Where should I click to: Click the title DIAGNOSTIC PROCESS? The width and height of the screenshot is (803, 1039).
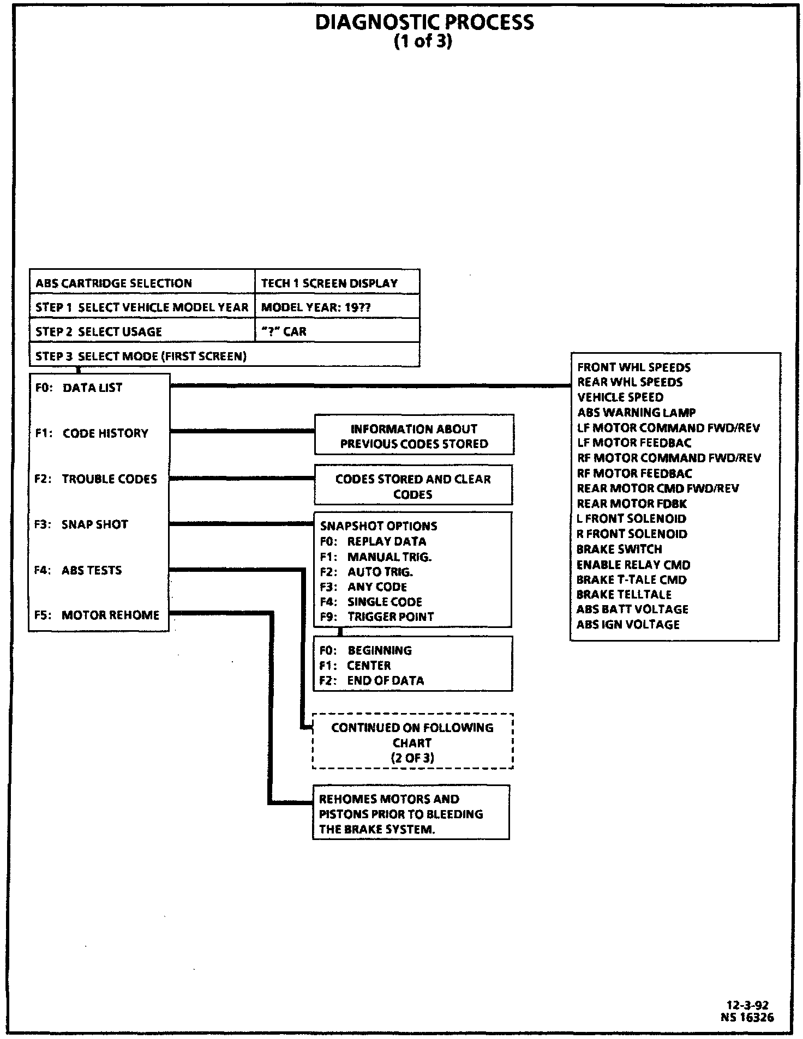(424, 22)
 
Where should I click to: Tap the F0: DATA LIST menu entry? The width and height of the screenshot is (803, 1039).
(79, 388)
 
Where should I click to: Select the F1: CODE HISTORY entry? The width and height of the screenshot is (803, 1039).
(92, 433)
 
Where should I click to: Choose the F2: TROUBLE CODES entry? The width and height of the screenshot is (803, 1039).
(95, 479)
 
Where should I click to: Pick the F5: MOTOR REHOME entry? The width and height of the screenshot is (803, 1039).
(97, 615)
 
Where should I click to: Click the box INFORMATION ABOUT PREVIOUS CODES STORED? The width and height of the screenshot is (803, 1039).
(414, 436)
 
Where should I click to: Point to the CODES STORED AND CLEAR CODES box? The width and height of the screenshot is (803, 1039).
(413, 486)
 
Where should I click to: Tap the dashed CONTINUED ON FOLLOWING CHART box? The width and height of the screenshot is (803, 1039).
(412, 742)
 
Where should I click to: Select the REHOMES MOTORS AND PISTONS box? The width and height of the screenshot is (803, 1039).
(411, 814)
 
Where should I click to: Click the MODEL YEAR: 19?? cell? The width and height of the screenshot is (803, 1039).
(316, 307)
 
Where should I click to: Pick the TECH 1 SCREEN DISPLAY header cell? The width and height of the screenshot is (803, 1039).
(329, 283)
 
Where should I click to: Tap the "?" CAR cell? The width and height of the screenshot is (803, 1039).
(284, 331)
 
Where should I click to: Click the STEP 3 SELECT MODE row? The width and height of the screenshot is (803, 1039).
(141, 357)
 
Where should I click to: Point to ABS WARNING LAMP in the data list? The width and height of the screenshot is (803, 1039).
(637, 413)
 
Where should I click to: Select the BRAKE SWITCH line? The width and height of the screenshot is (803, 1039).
(619, 549)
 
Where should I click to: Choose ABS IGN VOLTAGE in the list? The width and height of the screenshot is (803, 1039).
(628, 625)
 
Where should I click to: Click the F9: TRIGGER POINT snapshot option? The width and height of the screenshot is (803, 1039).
(377, 617)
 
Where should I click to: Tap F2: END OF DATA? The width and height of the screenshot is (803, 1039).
(372, 681)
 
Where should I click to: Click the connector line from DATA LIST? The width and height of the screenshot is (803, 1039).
(371, 386)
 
